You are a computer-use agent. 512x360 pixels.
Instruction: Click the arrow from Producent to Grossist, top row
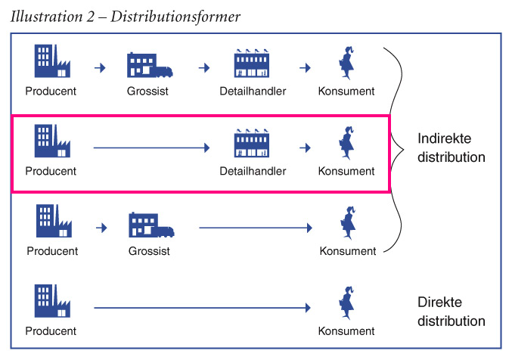click(x=100, y=69)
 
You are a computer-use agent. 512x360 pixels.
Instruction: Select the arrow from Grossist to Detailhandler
click(x=203, y=69)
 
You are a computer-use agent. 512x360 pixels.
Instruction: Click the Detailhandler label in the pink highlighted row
click(x=253, y=172)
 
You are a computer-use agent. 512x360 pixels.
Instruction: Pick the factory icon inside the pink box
click(x=51, y=142)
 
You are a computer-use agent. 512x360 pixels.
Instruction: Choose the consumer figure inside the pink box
click(x=346, y=143)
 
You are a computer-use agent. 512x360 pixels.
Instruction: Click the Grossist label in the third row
click(x=149, y=251)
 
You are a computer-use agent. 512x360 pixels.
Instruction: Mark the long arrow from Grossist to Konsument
click(x=256, y=227)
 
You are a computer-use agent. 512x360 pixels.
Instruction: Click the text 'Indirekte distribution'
click(x=451, y=148)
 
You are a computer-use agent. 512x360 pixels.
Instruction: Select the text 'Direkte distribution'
click(x=451, y=312)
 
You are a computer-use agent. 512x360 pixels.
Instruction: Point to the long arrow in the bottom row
click(x=202, y=308)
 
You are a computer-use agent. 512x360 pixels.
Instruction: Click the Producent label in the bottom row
click(x=51, y=331)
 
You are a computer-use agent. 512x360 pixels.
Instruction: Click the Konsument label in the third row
click(x=346, y=251)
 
